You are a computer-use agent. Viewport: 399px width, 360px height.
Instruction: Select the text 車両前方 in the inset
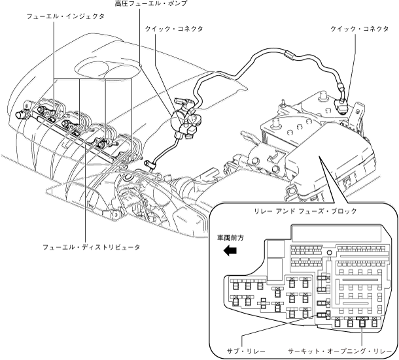click(230, 239)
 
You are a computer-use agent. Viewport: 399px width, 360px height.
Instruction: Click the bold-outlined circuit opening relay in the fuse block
click(362, 321)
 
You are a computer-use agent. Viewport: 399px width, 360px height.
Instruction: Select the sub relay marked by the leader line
click(321, 314)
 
